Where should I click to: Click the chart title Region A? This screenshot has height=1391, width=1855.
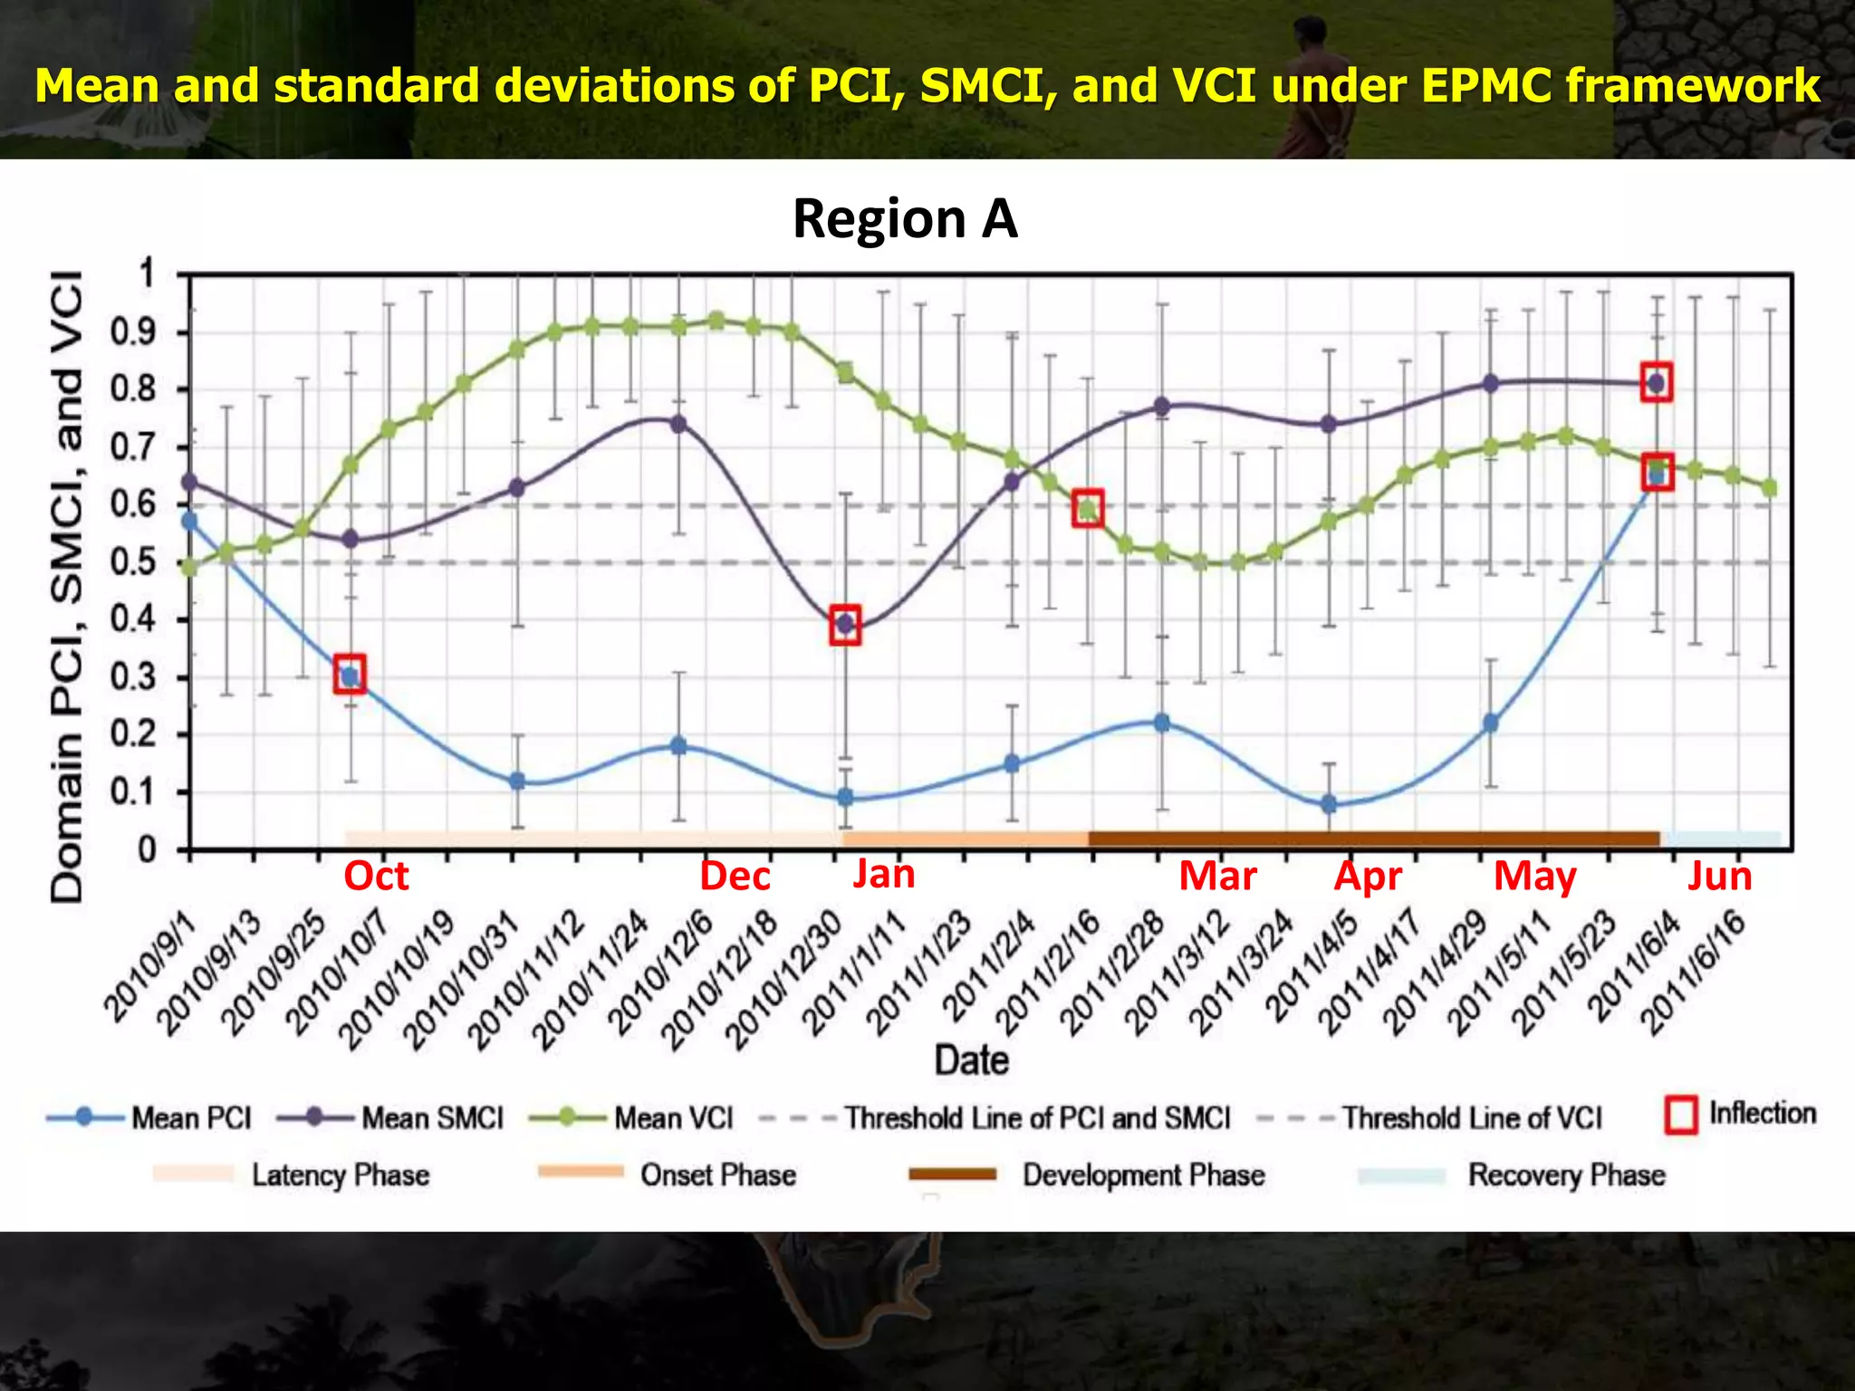905,219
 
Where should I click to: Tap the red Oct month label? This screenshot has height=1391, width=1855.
376,876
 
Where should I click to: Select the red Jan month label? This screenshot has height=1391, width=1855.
883,874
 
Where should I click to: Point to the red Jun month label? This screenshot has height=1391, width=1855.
1719,876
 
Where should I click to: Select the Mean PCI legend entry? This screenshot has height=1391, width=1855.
149,1118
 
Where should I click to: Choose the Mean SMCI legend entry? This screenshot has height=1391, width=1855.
389,1118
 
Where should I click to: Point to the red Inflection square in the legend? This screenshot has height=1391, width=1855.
1681,1115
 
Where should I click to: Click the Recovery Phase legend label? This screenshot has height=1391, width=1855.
1566,1175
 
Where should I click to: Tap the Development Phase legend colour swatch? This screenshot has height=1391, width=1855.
952,1175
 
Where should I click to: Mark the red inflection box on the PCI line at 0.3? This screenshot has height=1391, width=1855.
350,675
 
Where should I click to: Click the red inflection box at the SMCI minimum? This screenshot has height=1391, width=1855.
845,625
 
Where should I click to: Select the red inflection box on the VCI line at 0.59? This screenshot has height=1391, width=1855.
1088,508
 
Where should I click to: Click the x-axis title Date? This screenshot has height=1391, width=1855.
972,1060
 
